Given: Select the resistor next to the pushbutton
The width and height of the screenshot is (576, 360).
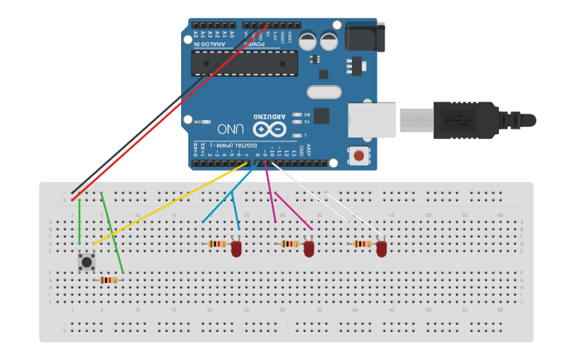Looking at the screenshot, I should click(108, 280).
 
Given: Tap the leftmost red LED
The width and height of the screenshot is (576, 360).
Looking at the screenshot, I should click(237, 249).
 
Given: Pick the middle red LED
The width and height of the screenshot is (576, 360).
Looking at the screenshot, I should click(309, 249).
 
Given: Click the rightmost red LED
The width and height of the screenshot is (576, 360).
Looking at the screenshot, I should click(381, 249).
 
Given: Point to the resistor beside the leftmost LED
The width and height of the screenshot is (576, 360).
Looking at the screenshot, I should click(216, 244).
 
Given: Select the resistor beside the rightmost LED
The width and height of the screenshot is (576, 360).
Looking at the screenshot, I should click(362, 244).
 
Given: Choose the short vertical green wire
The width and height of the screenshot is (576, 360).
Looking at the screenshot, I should click(79, 219).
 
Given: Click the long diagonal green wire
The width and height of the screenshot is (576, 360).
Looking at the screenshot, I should click(112, 230).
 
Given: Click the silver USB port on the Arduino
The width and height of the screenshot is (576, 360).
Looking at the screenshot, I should click(372, 120).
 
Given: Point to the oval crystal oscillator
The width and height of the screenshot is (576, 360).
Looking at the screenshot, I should click(323, 92).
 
